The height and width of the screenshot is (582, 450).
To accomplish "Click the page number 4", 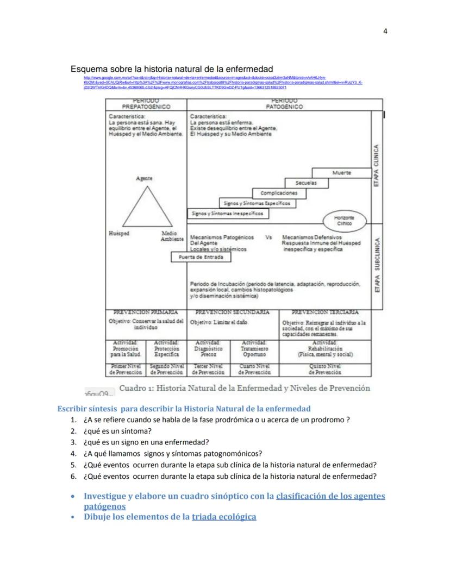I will click(x=385, y=31).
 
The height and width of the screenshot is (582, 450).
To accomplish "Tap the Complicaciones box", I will click(x=279, y=193).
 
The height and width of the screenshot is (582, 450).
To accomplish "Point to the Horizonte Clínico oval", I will click(x=343, y=220).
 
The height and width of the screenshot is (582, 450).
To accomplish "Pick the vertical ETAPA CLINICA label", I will click(x=377, y=165).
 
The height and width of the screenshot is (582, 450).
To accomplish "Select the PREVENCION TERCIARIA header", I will click(x=325, y=312).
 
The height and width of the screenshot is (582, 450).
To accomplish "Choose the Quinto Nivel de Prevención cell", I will click(x=325, y=370).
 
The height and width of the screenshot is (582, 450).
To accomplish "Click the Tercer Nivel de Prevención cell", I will click(x=209, y=370).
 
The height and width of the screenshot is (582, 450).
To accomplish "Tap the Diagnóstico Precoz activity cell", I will click(x=209, y=349).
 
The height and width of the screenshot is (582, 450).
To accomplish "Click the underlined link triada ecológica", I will click(x=223, y=517).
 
